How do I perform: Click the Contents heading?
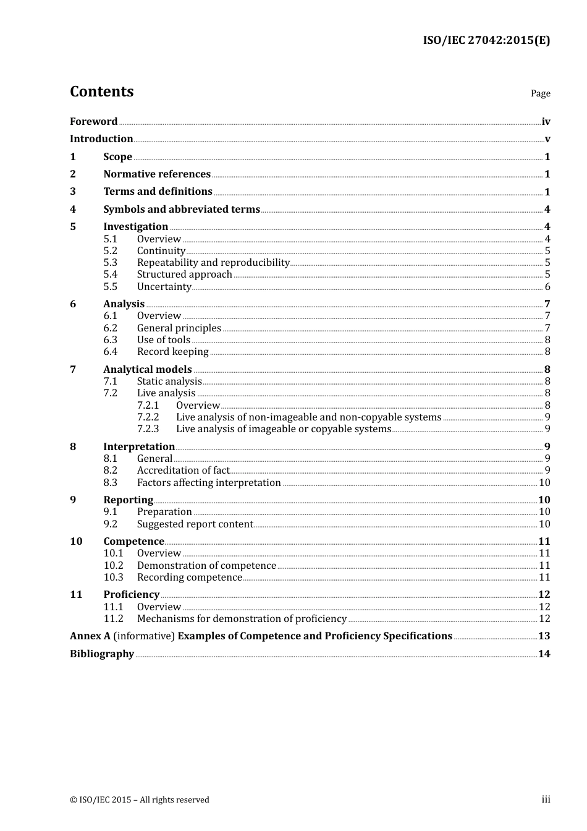(101, 92)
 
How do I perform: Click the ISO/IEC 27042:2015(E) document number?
(486, 41)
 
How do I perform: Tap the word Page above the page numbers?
(540, 93)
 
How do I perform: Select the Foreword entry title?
(93, 122)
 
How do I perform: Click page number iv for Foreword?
(546, 122)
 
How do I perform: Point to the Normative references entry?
(157, 174)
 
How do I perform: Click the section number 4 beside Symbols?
(73, 210)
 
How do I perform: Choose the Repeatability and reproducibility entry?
(213, 263)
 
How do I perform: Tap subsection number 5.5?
(110, 287)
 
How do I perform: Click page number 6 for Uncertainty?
(547, 287)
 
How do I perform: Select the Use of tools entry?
(163, 340)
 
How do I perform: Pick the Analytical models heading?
(147, 370)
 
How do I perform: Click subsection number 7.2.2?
(148, 417)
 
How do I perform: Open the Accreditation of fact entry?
(183, 471)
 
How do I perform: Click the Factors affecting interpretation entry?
(209, 483)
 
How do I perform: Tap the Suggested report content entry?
(195, 524)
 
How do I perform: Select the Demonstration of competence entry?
(206, 566)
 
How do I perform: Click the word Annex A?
(85, 636)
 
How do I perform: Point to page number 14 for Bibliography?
(544, 654)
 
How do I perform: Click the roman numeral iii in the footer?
(546, 799)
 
